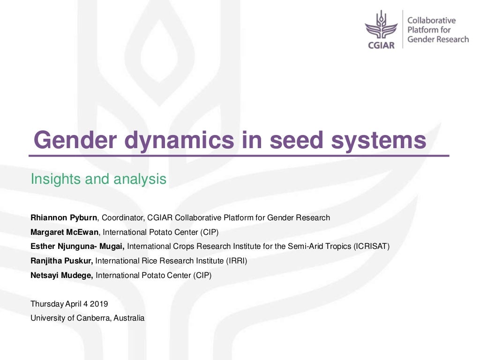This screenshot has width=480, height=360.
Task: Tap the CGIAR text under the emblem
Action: coord(382,45)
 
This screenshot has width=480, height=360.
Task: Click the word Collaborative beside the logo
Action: coord(431,21)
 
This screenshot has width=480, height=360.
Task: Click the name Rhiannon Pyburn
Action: coord(64,217)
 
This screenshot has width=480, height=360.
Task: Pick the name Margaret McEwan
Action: coord(65,232)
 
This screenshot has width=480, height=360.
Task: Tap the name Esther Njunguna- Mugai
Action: coord(77,247)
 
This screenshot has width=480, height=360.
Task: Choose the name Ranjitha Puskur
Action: coord(61,261)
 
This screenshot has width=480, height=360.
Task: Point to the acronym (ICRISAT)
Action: coord(372,247)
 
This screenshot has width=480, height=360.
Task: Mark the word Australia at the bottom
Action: coord(129,318)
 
